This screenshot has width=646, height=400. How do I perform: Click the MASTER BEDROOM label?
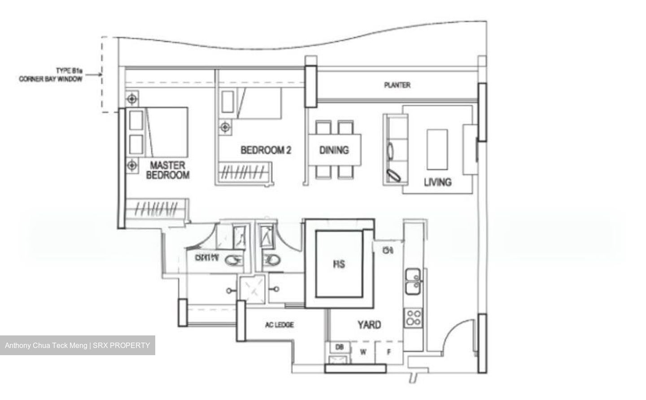pyautogui.click(x=167, y=170)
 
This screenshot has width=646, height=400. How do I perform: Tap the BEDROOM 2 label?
pyautogui.click(x=266, y=150)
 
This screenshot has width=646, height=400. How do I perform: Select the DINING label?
pyautogui.click(x=334, y=150)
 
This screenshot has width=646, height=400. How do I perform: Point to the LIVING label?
pyautogui.click(x=437, y=182)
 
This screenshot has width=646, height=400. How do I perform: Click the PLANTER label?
pyautogui.click(x=397, y=85)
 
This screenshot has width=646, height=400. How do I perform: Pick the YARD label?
pyautogui.click(x=369, y=324)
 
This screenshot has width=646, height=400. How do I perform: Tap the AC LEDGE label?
pyautogui.click(x=279, y=325)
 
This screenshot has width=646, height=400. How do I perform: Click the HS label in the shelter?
pyautogui.click(x=339, y=264)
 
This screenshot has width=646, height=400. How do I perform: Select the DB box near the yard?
pyautogui.click(x=339, y=347)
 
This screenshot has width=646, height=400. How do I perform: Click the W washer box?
pyautogui.click(x=363, y=352)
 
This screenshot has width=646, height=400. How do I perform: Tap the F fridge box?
pyautogui.click(x=389, y=352)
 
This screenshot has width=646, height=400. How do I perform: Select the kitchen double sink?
pyautogui.click(x=413, y=281)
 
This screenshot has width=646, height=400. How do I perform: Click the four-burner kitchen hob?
pyautogui.click(x=413, y=317)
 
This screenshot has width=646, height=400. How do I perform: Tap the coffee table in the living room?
pyautogui.click(x=437, y=149)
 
